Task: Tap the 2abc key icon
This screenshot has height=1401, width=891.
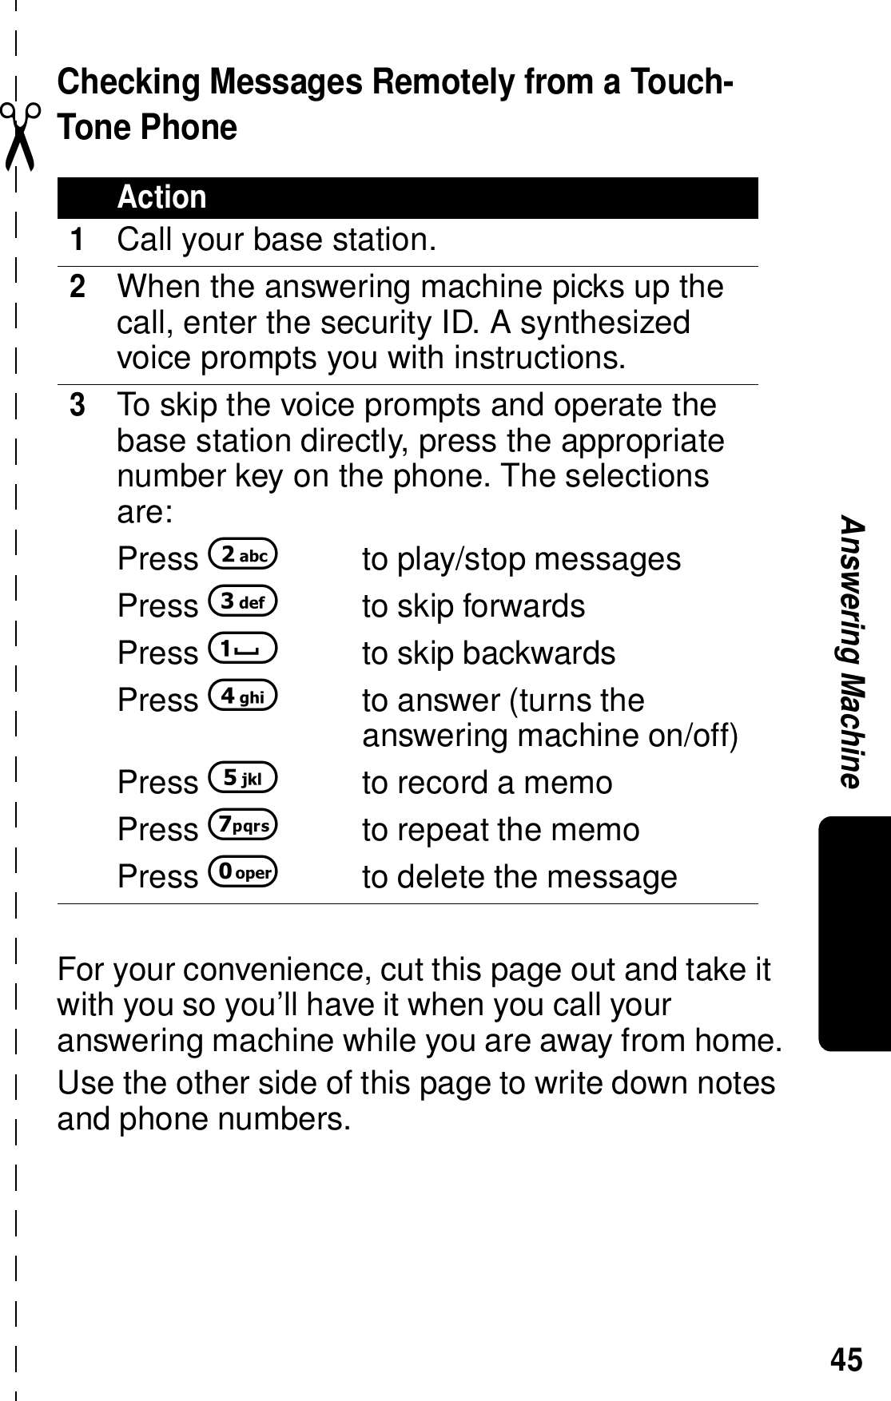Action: coord(242,555)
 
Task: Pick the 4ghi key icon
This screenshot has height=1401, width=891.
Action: coord(242,697)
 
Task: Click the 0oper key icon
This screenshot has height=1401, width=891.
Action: coord(242,873)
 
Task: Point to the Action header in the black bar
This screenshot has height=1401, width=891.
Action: coord(162,197)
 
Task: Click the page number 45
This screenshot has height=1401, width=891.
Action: coord(847,1359)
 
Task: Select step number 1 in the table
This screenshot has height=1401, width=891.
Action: coord(77,240)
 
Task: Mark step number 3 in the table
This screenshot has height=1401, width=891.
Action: coord(77,406)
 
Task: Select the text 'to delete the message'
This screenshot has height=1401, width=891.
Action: coord(519,877)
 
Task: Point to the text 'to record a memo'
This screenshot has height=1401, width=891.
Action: coord(487,783)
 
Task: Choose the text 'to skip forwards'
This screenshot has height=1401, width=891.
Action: coord(473,606)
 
